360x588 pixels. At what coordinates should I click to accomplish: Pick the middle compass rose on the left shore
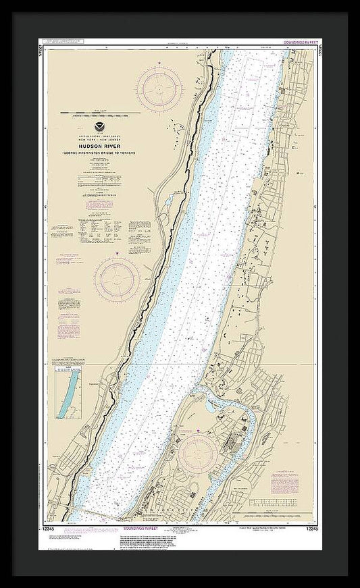(x=117, y=279)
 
